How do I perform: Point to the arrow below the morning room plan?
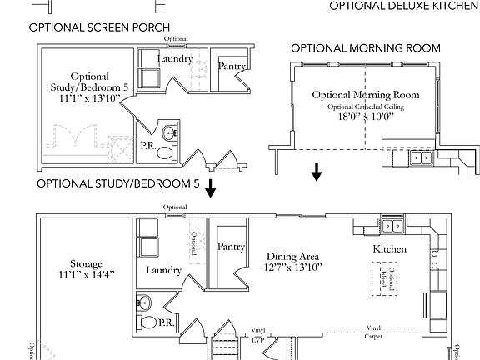coord(317,172)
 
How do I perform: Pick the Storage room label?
coord(86,263)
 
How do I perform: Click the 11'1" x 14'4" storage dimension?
coord(86,274)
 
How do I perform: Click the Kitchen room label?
coord(389,249)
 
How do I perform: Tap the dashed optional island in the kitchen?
coord(384,277)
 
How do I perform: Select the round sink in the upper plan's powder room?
coord(170,133)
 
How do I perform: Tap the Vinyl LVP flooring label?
coord(257,335)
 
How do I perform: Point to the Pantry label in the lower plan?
coord(229,247)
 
